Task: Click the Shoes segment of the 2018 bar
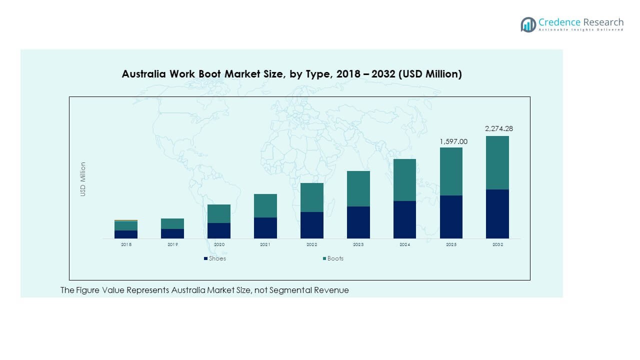coord(126,234)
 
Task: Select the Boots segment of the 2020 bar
coord(219,213)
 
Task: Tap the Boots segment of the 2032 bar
coord(497,162)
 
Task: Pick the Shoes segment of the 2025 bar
coord(451,217)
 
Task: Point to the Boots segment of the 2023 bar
coord(358,188)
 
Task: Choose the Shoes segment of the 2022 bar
coord(312,225)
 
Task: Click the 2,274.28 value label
coord(499,128)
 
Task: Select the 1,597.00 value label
coord(453,142)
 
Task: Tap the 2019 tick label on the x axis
coord(172,244)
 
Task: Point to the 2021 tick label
coord(265,244)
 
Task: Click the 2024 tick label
coord(404,244)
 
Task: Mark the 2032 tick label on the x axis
coord(497,244)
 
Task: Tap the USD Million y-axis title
coord(83,179)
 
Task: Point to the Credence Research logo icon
coord(528,24)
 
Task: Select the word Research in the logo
coord(602,22)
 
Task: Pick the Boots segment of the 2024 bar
coord(404,180)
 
